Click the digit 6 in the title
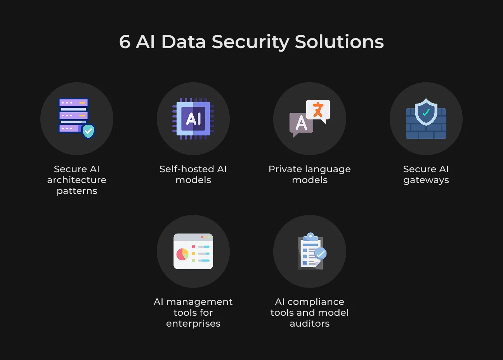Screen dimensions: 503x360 pyautogui.click(x=125, y=42)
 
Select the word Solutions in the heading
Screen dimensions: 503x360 pyautogui.click(x=339, y=42)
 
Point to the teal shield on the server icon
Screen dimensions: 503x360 pyautogui.click(x=88, y=131)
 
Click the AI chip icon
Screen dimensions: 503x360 pyautogui.click(x=193, y=118)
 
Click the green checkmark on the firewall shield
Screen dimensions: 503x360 pyautogui.click(x=426, y=112)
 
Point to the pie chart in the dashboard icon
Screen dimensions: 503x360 pyautogui.click(x=182, y=254)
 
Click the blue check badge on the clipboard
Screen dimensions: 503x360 pyautogui.click(x=321, y=253)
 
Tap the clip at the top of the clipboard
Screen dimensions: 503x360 pyautogui.click(x=310, y=237)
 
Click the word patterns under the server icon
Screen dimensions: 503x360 pyautogui.click(x=77, y=191)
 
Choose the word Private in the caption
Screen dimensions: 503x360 pyautogui.click(x=284, y=169)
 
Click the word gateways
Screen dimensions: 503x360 pyautogui.click(x=426, y=180)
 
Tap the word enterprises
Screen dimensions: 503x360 pyautogui.click(x=193, y=324)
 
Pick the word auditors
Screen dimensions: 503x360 pyautogui.click(x=310, y=324)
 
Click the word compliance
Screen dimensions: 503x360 pyautogui.click(x=316, y=302)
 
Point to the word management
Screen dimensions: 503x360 pyautogui.click(x=199, y=302)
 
